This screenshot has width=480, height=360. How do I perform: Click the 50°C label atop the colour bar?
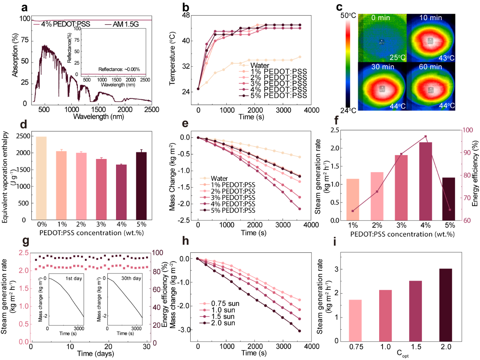(x=348, y=16)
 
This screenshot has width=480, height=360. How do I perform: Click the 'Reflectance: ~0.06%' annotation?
(x=119, y=69)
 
